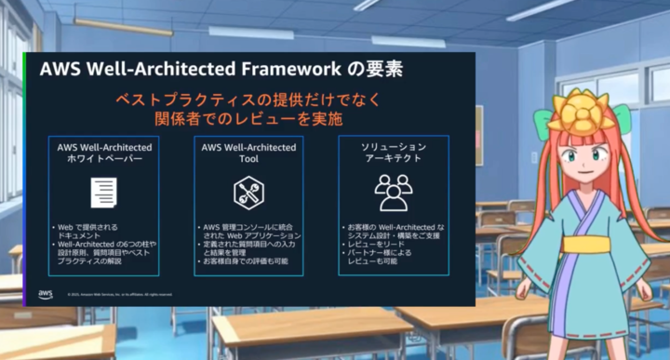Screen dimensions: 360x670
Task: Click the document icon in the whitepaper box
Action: pos(103,193)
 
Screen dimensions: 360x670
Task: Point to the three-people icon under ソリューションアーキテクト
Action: pos(394,192)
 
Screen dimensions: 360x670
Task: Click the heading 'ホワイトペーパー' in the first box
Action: pos(103,159)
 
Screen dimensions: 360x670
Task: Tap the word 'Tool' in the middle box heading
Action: pos(248,159)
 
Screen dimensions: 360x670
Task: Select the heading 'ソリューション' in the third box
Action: pos(394,147)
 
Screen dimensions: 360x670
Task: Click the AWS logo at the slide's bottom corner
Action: pos(46,294)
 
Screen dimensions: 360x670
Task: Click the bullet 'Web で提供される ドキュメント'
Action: pos(87,232)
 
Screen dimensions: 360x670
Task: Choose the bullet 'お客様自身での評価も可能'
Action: pos(246,261)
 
